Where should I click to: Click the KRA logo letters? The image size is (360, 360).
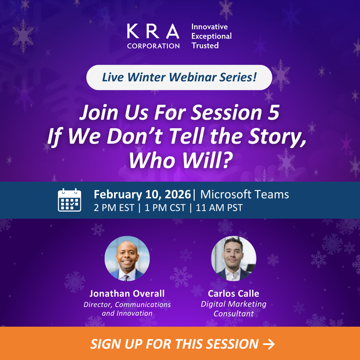tap(153, 32)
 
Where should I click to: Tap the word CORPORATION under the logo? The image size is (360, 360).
tap(153, 46)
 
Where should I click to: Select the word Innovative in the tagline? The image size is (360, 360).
tap(209, 27)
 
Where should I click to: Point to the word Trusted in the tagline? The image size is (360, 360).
tap(205, 46)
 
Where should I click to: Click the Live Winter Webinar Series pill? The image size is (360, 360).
tap(179, 77)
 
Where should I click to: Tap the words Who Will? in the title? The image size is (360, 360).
tap(180, 160)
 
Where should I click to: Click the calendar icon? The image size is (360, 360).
tap(69, 200)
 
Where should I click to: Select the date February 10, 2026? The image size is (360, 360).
tap(142, 194)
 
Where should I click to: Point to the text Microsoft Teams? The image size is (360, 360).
tap(244, 194)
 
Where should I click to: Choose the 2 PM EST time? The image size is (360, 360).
tap(114, 208)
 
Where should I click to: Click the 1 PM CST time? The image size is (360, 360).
tap(165, 208)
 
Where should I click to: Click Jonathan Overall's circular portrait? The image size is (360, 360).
tap(127, 258)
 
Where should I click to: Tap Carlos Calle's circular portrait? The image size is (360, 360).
tap(233, 258)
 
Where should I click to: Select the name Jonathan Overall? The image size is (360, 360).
tap(127, 293)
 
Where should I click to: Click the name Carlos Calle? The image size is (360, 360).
tap(233, 293)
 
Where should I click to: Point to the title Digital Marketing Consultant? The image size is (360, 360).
tap(233, 309)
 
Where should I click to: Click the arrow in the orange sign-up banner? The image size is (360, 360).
tap(269, 344)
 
